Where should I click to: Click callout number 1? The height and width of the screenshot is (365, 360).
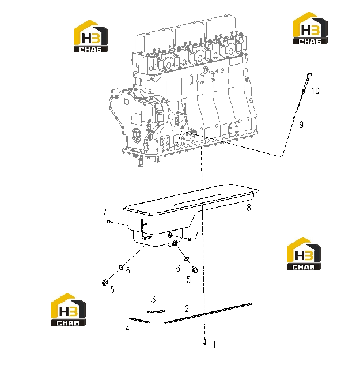[214, 345]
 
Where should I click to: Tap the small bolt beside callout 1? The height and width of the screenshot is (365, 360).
[204, 342]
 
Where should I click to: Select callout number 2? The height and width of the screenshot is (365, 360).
[187, 308]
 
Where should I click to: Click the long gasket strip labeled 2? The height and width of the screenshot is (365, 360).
[208, 313]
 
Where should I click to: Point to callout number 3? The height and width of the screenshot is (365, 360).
[153, 299]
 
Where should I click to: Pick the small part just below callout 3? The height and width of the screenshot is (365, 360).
[156, 311]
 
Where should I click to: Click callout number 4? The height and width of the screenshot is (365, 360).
[127, 329]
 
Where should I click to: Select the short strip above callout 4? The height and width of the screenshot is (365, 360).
[139, 320]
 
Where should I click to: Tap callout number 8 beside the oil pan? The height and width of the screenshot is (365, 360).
[249, 208]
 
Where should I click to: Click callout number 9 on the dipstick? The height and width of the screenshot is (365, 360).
[301, 125]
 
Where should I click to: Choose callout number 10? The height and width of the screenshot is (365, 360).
[315, 91]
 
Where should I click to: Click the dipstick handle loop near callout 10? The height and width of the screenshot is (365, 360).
[308, 76]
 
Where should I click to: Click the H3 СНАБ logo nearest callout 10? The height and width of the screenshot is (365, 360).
[310, 28]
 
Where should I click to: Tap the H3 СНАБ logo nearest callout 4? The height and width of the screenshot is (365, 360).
[69, 309]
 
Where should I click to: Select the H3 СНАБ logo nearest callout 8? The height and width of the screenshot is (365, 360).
[304, 254]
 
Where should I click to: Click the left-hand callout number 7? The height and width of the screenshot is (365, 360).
[104, 212]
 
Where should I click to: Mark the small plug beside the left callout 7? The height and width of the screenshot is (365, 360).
[108, 221]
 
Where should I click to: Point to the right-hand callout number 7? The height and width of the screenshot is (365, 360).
[196, 235]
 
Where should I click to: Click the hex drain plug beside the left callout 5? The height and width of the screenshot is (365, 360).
[105, 283]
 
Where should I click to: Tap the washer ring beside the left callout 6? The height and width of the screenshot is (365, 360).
[121, 268]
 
